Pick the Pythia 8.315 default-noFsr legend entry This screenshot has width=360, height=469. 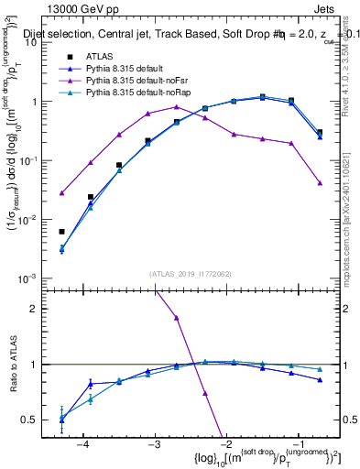(x=136, y=82)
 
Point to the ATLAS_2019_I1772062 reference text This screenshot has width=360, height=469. (x=190, y=273)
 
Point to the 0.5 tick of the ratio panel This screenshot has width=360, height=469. (x=43, y=420)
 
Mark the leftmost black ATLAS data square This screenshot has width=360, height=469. (x=61, y=232)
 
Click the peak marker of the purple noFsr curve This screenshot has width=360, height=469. (x=177, y=107)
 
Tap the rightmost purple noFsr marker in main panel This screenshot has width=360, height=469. (x=320, y=183)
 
